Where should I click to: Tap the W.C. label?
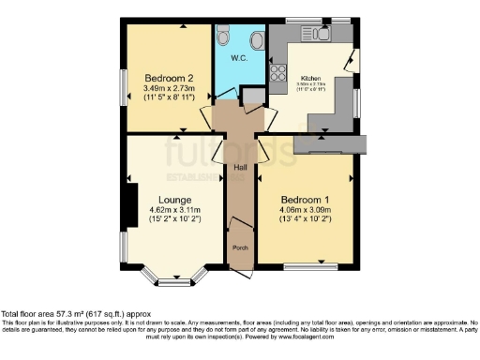click(x=238, y=58)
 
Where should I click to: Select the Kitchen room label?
click(x=311, y=78)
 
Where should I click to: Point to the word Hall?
click(x=240, y=168)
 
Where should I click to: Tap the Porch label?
click(x=240, y=248)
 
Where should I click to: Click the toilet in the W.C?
click(x=221, y=35)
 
